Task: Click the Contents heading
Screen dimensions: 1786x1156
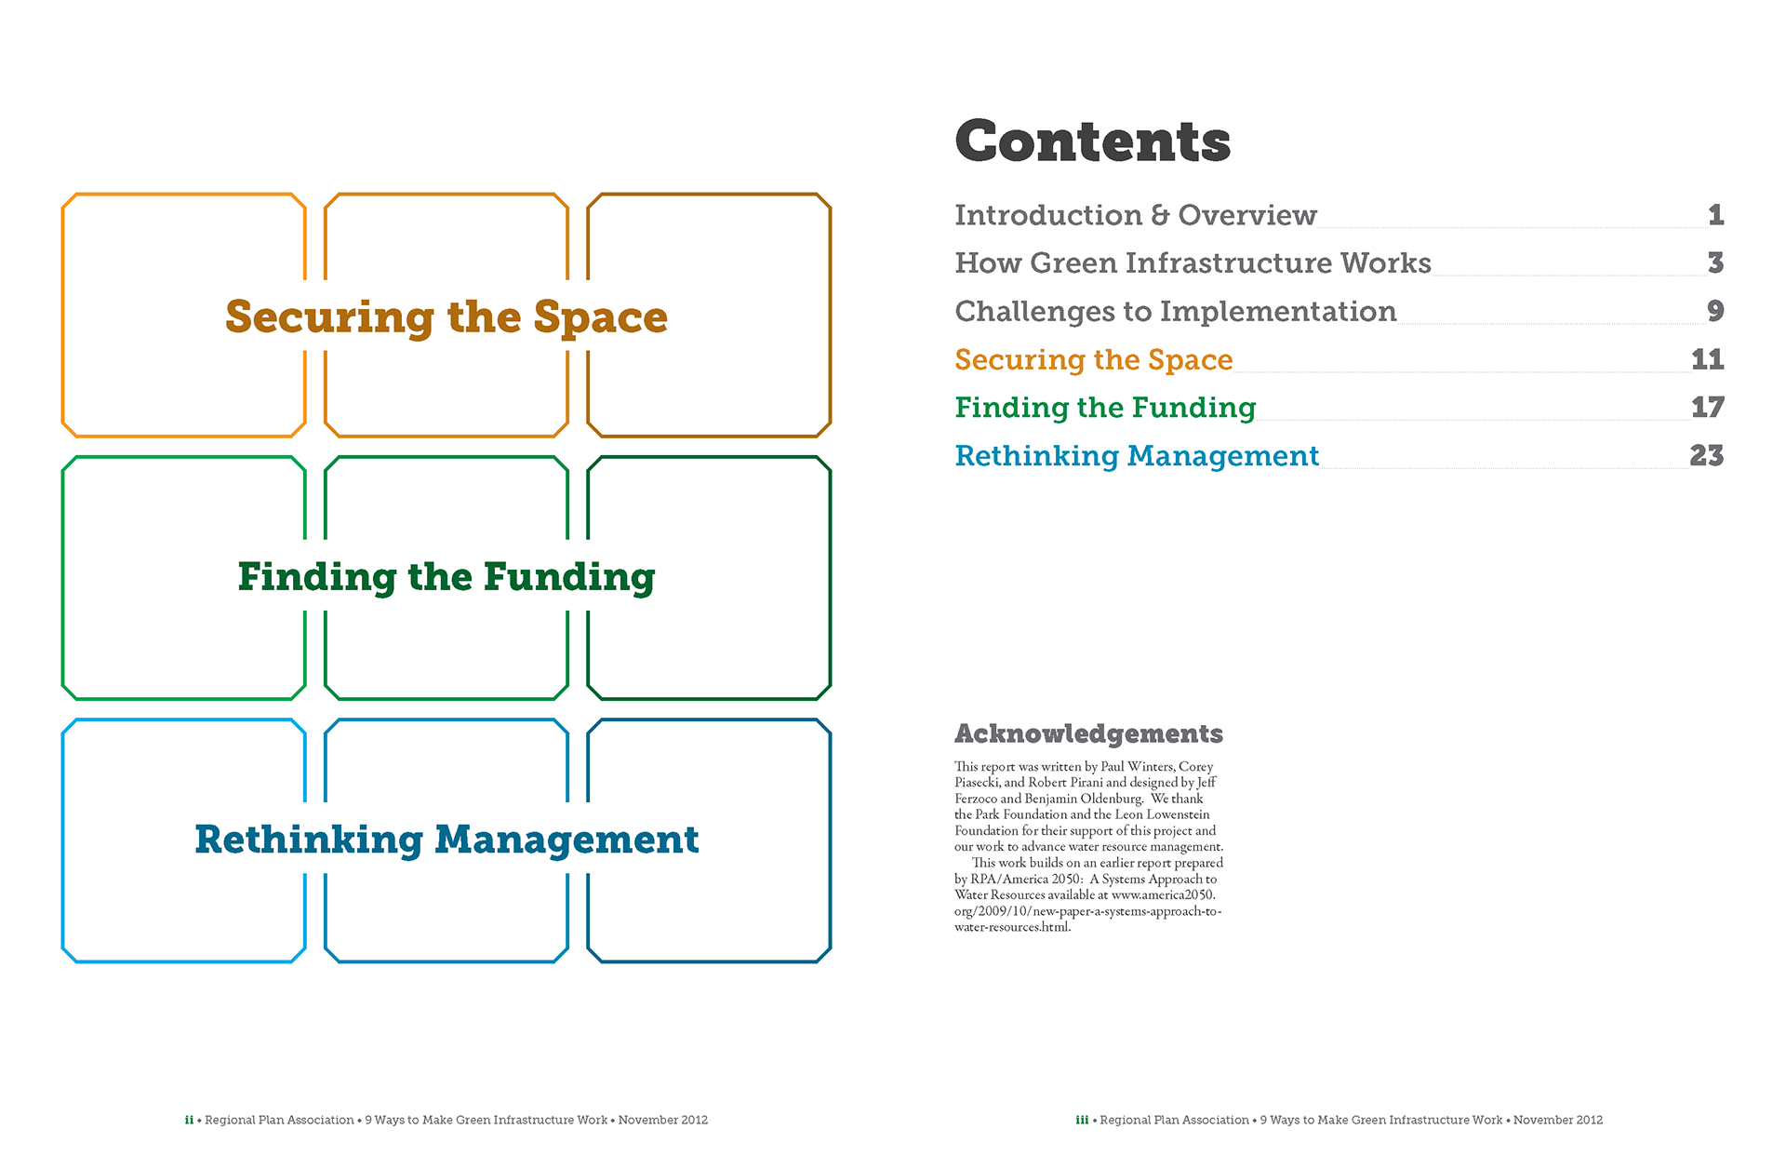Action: (x=1093, y=141)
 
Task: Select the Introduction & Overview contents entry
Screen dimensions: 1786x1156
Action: (x=1136, y=215)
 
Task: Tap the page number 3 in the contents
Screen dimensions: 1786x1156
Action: (x=1716, y=263)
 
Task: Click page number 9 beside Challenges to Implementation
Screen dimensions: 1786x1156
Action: (x=1716, y=311)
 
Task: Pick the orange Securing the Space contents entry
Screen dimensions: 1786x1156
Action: (x=1094, y=360)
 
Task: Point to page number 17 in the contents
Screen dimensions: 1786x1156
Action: (x=1708, y=408)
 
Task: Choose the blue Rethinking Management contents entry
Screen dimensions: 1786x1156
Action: (x=1137, y=456)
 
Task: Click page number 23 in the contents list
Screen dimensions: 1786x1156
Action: (x=1707, y=456)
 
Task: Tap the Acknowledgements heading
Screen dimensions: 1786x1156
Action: (x=1089, y=734)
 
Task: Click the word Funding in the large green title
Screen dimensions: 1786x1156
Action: (x=569, y=578)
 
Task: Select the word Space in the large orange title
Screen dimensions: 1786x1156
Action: (x=600, y=318)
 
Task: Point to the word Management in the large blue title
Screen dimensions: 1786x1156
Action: (x=566, y=840)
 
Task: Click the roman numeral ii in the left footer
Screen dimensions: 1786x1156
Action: (x=189, y=1120)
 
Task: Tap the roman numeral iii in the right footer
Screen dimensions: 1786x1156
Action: (x=1082, y=1120)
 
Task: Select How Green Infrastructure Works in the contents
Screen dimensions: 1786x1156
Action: (x=1193, y=263)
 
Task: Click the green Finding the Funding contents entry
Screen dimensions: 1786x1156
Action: (x=1106, y=408)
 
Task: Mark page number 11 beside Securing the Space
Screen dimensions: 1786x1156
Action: (x=1708, y=359)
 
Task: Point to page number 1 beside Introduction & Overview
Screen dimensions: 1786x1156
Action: (x=1716, y=215)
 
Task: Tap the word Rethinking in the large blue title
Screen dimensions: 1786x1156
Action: (x=309, y=840)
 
